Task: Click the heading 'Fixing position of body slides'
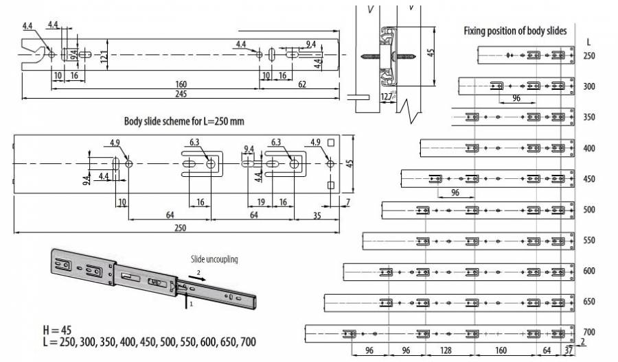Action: click(515, 30)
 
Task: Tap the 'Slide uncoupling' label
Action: click(214, 260)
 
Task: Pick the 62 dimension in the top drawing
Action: click(302, 84)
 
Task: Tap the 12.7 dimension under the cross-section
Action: click(388, 96)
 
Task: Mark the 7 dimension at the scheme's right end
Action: click(348, 201)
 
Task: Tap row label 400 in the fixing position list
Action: click(589, 148)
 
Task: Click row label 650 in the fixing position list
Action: click(589, 301)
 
